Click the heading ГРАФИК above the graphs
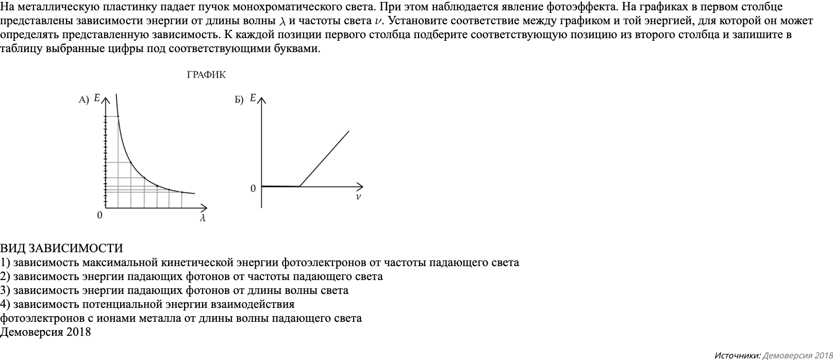pos(206,75)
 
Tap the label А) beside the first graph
pos(84,100)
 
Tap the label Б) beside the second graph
pos(239,100)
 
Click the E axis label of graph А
pos(97,97)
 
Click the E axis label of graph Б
pos(253,97)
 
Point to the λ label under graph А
pos(203,219)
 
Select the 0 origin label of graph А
pos(99,215)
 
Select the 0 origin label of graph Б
pos(253,189)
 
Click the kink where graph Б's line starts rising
pos(299,186)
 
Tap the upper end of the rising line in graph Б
pos(349,132)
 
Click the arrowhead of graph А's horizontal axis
pos(204,208)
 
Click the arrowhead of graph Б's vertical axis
pos(261,100)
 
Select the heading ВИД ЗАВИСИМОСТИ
pos(61,249)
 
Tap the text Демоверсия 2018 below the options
pos(45,332)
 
